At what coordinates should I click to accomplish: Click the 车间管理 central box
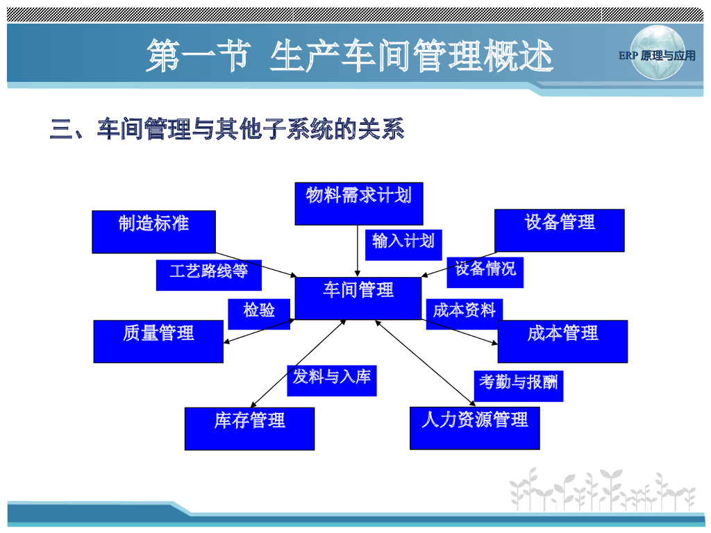pyautogui.click(x=358, y=298)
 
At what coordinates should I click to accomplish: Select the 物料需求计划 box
pyautogui.click(x=358, y=203)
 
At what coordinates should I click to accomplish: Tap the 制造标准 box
pyautogui.click(x=153, y=231)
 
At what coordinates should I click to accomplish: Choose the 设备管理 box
pyautogui.click(x=559, y=230)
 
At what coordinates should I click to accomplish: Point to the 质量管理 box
pyautogui.click(x=158, y=341)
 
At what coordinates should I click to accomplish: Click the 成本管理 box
pyautogui.click(x=562, y=341)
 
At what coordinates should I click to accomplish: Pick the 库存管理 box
pyautogui.click(x=249, y=428)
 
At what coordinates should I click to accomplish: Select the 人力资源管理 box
pyautogui.click(x=474, y=428)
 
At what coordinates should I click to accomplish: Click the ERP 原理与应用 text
pyautogui.click(x=657, y=56)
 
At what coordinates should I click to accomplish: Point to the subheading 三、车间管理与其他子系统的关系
pyautogui.click(x=226, y=129)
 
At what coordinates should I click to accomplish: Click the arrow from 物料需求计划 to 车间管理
pyautogui.click(x=357, y=251)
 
